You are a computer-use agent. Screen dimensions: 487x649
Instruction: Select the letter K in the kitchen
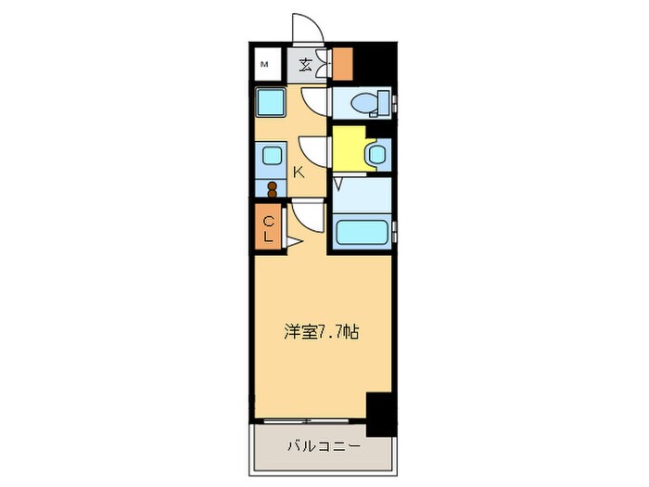point(299,171)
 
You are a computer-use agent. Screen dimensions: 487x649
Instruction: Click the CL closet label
point(267,228)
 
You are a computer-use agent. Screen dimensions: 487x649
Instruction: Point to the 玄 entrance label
point(306,64)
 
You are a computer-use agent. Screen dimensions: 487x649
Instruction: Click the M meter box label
point(264,64)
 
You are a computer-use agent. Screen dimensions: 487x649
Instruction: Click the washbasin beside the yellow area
point(377,154)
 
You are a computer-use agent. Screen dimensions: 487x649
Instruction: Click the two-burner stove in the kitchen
point(273,188)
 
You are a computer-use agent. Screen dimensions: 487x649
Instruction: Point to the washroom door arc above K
point(314,149)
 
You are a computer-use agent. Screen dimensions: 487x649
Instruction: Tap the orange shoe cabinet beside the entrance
point(343,62)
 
